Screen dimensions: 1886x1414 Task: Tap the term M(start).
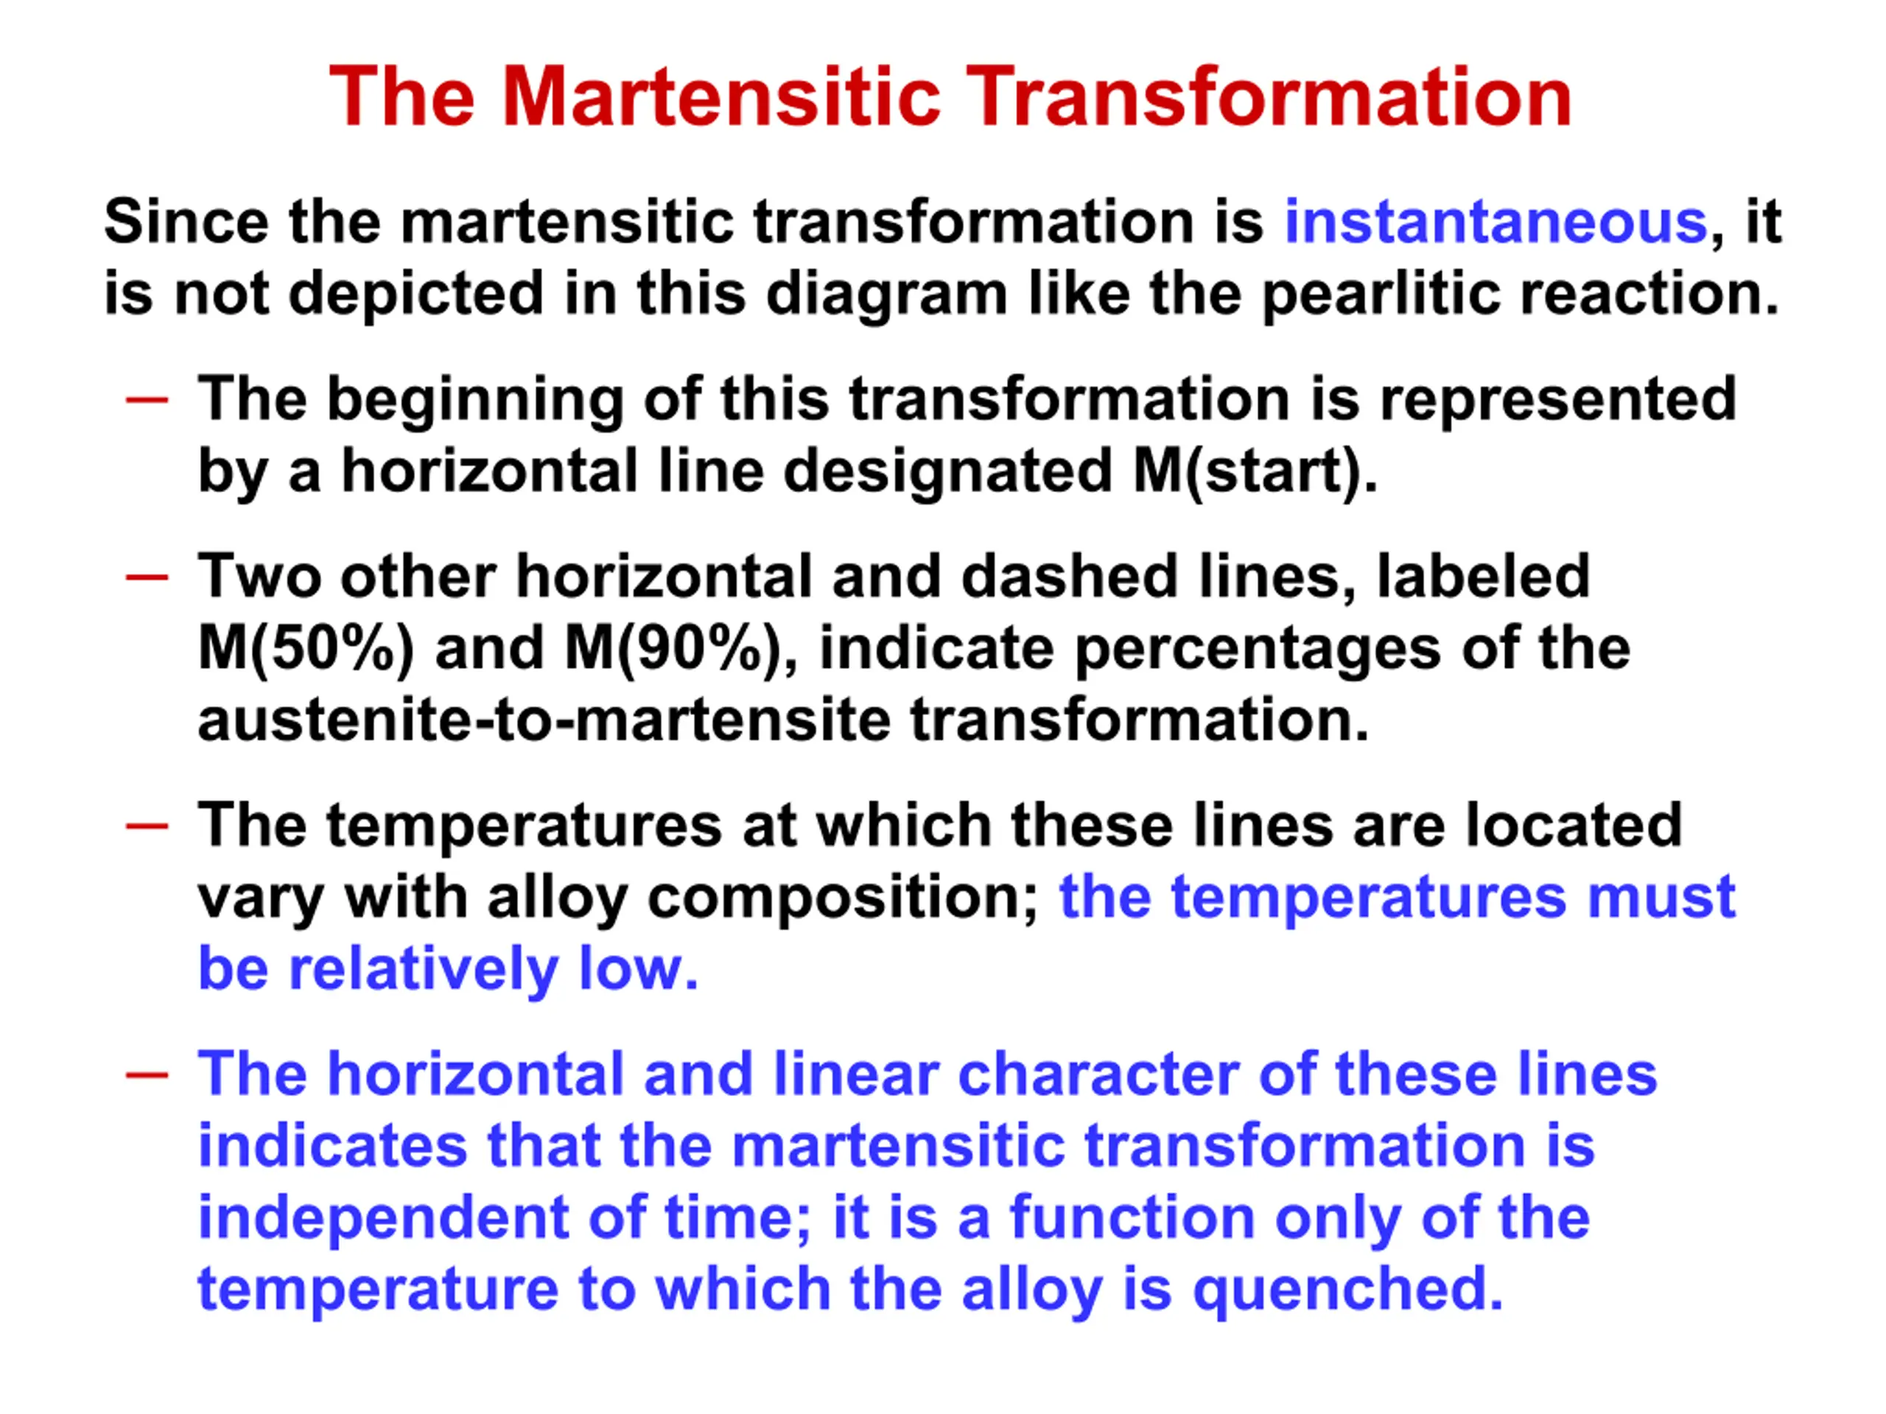tap(1255, 471)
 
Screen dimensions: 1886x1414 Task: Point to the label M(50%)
tap(306, 649)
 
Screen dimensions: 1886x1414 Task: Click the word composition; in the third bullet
tap(844, 900)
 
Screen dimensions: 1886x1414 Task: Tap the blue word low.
tap(639, 969)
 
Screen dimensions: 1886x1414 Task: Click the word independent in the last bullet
tap(383, 1219)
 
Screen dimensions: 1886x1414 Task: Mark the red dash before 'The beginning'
tap(147, 399)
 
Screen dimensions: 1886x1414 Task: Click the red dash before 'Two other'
tap(147, 577)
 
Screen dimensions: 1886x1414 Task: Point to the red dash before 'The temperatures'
tap(147, 825)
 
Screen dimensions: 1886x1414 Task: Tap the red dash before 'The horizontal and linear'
tap(147, 1074)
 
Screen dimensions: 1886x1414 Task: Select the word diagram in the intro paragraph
tap(887, 294)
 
